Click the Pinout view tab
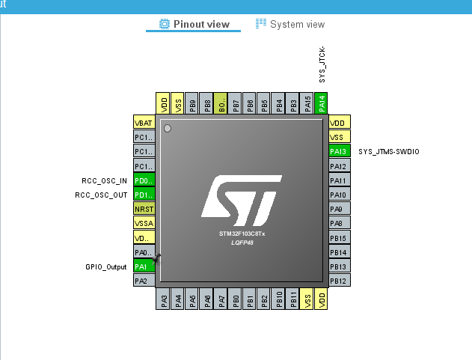[x=194, y=24]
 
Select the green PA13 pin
[x=340, y=152]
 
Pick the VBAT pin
[x=144, y=123]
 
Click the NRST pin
[x=144, y=210]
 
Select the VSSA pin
[x=144, y=224]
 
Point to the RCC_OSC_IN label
[x=104, y=181]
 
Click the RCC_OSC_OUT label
[x=101, y=195]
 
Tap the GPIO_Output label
[x=105, y=267]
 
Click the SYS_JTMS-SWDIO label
[x=389, y=152]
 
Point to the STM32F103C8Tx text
[x=242, y=234]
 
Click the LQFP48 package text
[x=242, y=242]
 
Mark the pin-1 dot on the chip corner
[x=168, y=129]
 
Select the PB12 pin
[x=340, y=281]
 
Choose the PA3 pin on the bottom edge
[x=164, y=299]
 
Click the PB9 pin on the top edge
[x=192, y=103]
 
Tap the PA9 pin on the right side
[x=340, y=210]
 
